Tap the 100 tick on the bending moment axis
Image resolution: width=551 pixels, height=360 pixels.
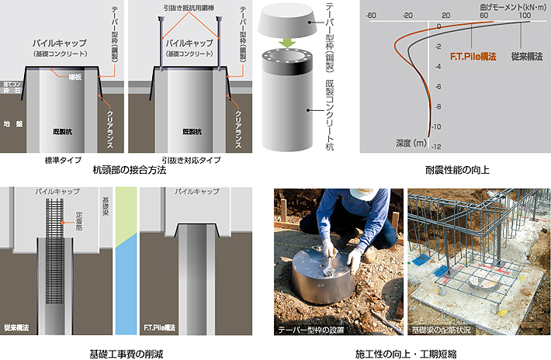click(524, 15)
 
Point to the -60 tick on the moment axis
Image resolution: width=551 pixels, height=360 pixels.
click(372, 15)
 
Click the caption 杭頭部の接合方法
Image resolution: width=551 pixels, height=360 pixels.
click(129, 169)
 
